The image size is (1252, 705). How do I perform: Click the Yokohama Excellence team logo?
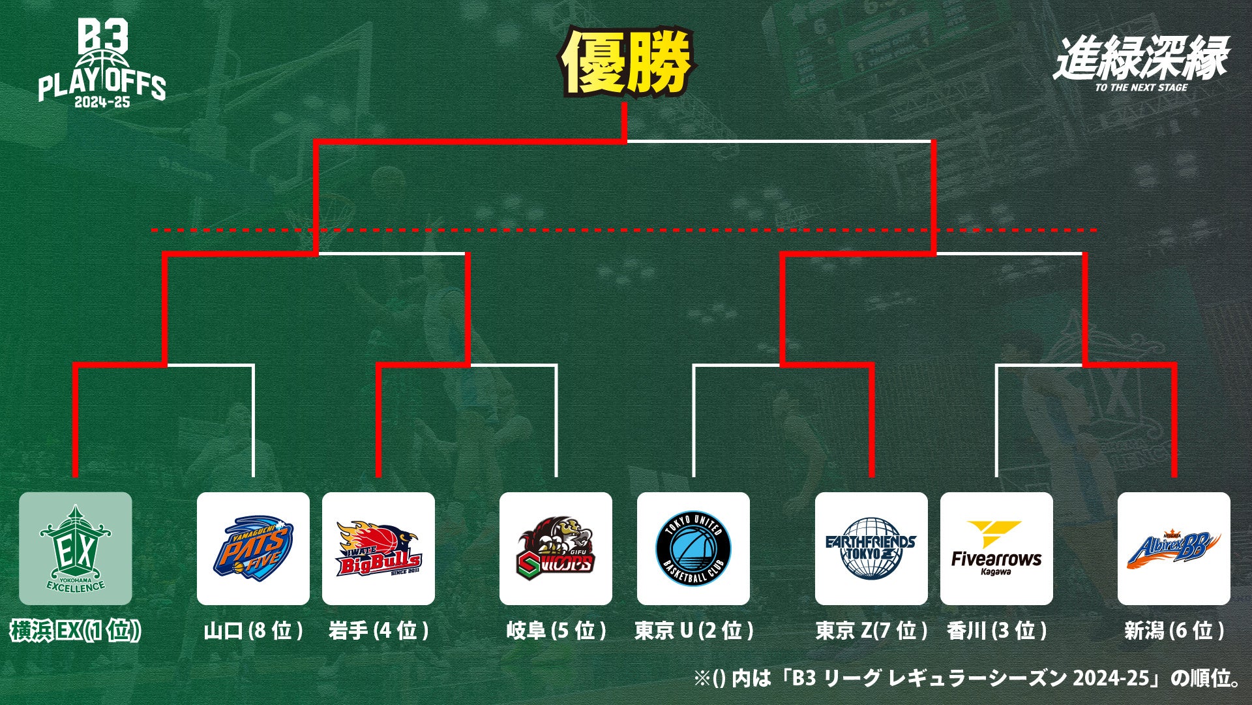click(x=75, y=549)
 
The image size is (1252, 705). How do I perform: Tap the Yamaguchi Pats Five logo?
click(x=253, y=549)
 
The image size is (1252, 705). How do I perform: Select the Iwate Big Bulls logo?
click(x=378, y=549)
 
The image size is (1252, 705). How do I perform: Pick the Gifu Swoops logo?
click(x=556, y=549)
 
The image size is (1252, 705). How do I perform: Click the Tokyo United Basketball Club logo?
click(x=693, y=549)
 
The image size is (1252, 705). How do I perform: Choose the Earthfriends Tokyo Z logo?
click(x=871, y=549)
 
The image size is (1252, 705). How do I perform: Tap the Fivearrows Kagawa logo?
click(x=996, y=549)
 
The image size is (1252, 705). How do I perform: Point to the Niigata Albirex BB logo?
click(x=1174, y=549)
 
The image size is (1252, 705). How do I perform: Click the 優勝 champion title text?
click(x=626, y=62)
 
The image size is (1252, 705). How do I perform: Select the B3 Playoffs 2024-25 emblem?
click(x=102, y=63)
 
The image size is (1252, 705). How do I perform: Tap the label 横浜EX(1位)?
click(x=75, y=631)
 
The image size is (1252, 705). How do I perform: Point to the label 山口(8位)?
click(x=253, y=631)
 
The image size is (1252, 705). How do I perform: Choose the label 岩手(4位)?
click(x=378, y=631)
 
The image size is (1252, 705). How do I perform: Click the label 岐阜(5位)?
click(x=556, y=631)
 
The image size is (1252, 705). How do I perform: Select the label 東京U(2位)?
click(x=693, y=631)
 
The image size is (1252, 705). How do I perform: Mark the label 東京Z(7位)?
click(x=871, y=631)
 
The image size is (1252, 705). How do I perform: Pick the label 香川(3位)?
click(x=996, y=631)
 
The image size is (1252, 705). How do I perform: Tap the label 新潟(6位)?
click(x=1174, y=631)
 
